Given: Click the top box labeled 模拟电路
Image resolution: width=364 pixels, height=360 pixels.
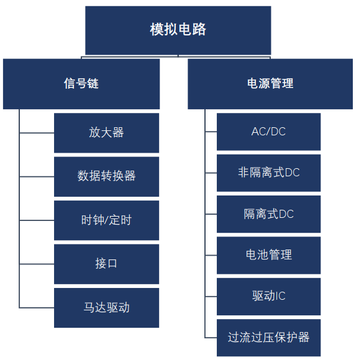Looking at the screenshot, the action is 178,30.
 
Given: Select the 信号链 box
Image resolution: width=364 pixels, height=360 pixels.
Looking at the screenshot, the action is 81,84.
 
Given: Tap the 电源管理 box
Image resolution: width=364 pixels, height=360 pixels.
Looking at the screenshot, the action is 270,84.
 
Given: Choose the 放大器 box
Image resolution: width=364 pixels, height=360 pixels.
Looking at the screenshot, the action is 107,133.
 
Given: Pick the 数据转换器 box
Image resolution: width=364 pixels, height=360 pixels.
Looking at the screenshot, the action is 107,176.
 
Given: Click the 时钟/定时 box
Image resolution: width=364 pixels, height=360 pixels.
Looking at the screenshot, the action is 107,220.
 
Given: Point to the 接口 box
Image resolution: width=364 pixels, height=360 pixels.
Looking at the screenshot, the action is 107,264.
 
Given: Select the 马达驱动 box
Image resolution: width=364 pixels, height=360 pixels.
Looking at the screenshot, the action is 107,308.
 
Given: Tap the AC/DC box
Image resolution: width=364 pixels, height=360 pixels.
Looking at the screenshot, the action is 268,132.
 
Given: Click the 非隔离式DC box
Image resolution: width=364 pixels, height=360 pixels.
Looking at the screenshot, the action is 268,173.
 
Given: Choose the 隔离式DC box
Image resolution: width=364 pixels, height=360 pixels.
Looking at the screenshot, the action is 268,214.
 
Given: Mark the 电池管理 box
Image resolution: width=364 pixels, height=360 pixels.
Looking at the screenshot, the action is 268,255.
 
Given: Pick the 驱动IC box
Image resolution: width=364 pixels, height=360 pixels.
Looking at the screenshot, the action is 268,297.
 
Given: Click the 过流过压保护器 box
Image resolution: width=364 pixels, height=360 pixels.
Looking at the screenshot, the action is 268,338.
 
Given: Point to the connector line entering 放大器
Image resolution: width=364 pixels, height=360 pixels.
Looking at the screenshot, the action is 37,133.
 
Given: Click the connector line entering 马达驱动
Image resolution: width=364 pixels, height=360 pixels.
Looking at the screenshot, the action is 37,308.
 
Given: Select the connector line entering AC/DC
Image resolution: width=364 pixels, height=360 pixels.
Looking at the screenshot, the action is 211,132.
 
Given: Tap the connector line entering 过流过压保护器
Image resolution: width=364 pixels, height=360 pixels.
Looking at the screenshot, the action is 211,338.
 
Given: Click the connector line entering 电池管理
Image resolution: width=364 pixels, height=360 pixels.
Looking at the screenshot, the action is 211,255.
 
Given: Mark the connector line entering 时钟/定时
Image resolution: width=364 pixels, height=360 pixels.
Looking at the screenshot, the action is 37,220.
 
